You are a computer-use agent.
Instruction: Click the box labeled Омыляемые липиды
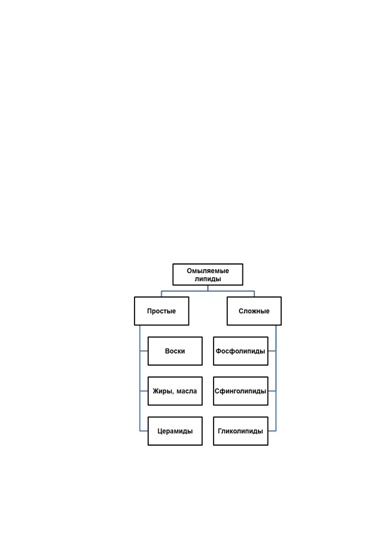tap(208, 275)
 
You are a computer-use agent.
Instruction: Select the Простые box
tap(161, 311)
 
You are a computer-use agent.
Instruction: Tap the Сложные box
tap(254, 311)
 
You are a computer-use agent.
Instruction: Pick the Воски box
tap(175, 351)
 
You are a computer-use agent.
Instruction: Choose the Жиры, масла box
tap(175, 391)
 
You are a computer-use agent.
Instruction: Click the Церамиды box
tap(175, 431)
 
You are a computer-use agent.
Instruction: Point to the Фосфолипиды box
tap(241, 351)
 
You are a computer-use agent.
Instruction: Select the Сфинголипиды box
tap(241, 391)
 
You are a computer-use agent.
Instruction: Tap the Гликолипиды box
tap(241, 431)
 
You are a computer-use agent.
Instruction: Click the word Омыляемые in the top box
tap(208, 271)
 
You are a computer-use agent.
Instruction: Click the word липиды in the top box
tap(208, 279)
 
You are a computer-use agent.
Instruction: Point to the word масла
tap(187, 391)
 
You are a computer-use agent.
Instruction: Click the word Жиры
tap(163, 391)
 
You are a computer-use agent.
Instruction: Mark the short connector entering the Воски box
tap(144, 351)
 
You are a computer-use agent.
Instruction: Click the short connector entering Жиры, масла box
tap(144, 391)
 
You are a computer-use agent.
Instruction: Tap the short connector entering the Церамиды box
tap(144, 431)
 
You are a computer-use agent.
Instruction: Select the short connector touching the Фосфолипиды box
tap(272, 351)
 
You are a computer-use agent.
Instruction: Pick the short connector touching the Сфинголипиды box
tap(272, 391)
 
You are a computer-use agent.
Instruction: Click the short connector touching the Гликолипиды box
tap(272, 431)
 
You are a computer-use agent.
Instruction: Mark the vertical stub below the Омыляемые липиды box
tap(208, 288)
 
